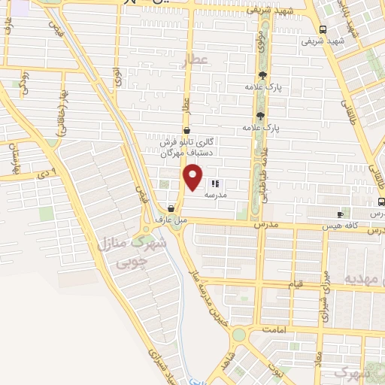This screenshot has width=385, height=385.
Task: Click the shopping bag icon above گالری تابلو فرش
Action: coord(186,130)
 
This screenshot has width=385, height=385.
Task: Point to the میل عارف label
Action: coord(170,220)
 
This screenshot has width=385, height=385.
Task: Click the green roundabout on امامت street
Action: coord(238,334)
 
